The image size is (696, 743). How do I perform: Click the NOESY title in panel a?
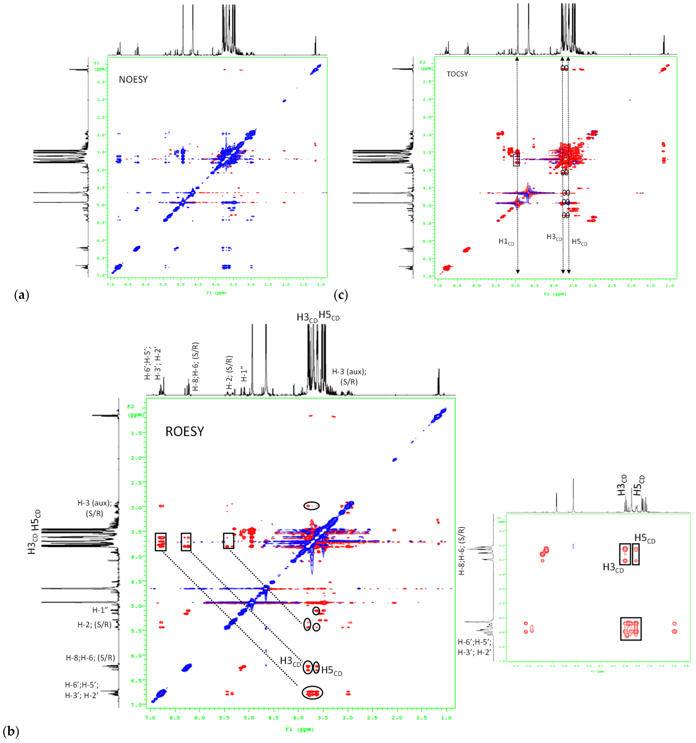pos(133,80)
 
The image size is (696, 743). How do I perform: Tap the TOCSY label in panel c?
pos(457,74)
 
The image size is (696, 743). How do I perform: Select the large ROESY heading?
pos(185,432)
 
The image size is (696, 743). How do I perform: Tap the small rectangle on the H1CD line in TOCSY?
pos(517,160)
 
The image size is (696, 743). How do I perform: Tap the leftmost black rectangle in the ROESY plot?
pos(160,541)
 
